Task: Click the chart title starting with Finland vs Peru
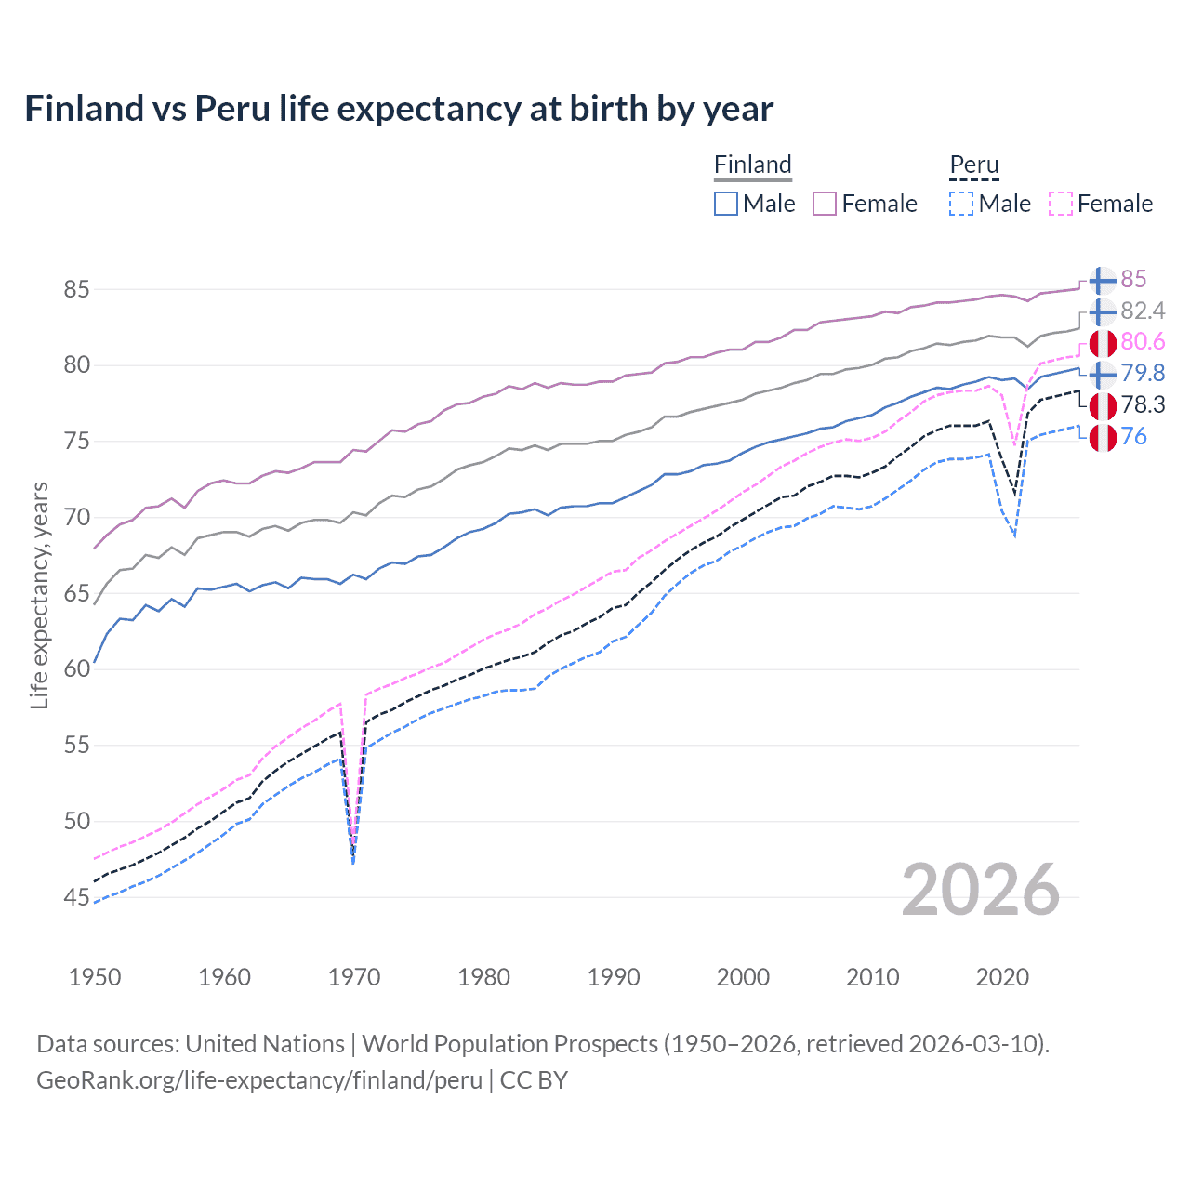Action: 399,109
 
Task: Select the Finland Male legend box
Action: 726,204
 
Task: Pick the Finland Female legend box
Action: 825,204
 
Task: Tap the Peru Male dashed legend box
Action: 961,204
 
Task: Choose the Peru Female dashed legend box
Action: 1061,204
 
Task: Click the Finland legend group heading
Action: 752,165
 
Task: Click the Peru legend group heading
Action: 973,165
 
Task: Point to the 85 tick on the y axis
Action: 76,289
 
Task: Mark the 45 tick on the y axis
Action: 76,897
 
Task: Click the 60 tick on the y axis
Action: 76,668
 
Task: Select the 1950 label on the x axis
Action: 95,977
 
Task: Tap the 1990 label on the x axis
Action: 614,977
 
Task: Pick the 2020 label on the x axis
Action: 1002,977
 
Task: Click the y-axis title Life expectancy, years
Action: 39,595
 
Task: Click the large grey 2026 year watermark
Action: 980,890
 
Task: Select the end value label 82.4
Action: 1143,311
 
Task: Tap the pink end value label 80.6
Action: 1143,342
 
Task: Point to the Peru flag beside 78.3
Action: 1103,405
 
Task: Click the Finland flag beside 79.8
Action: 1103,374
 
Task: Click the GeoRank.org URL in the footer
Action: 259,1080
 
